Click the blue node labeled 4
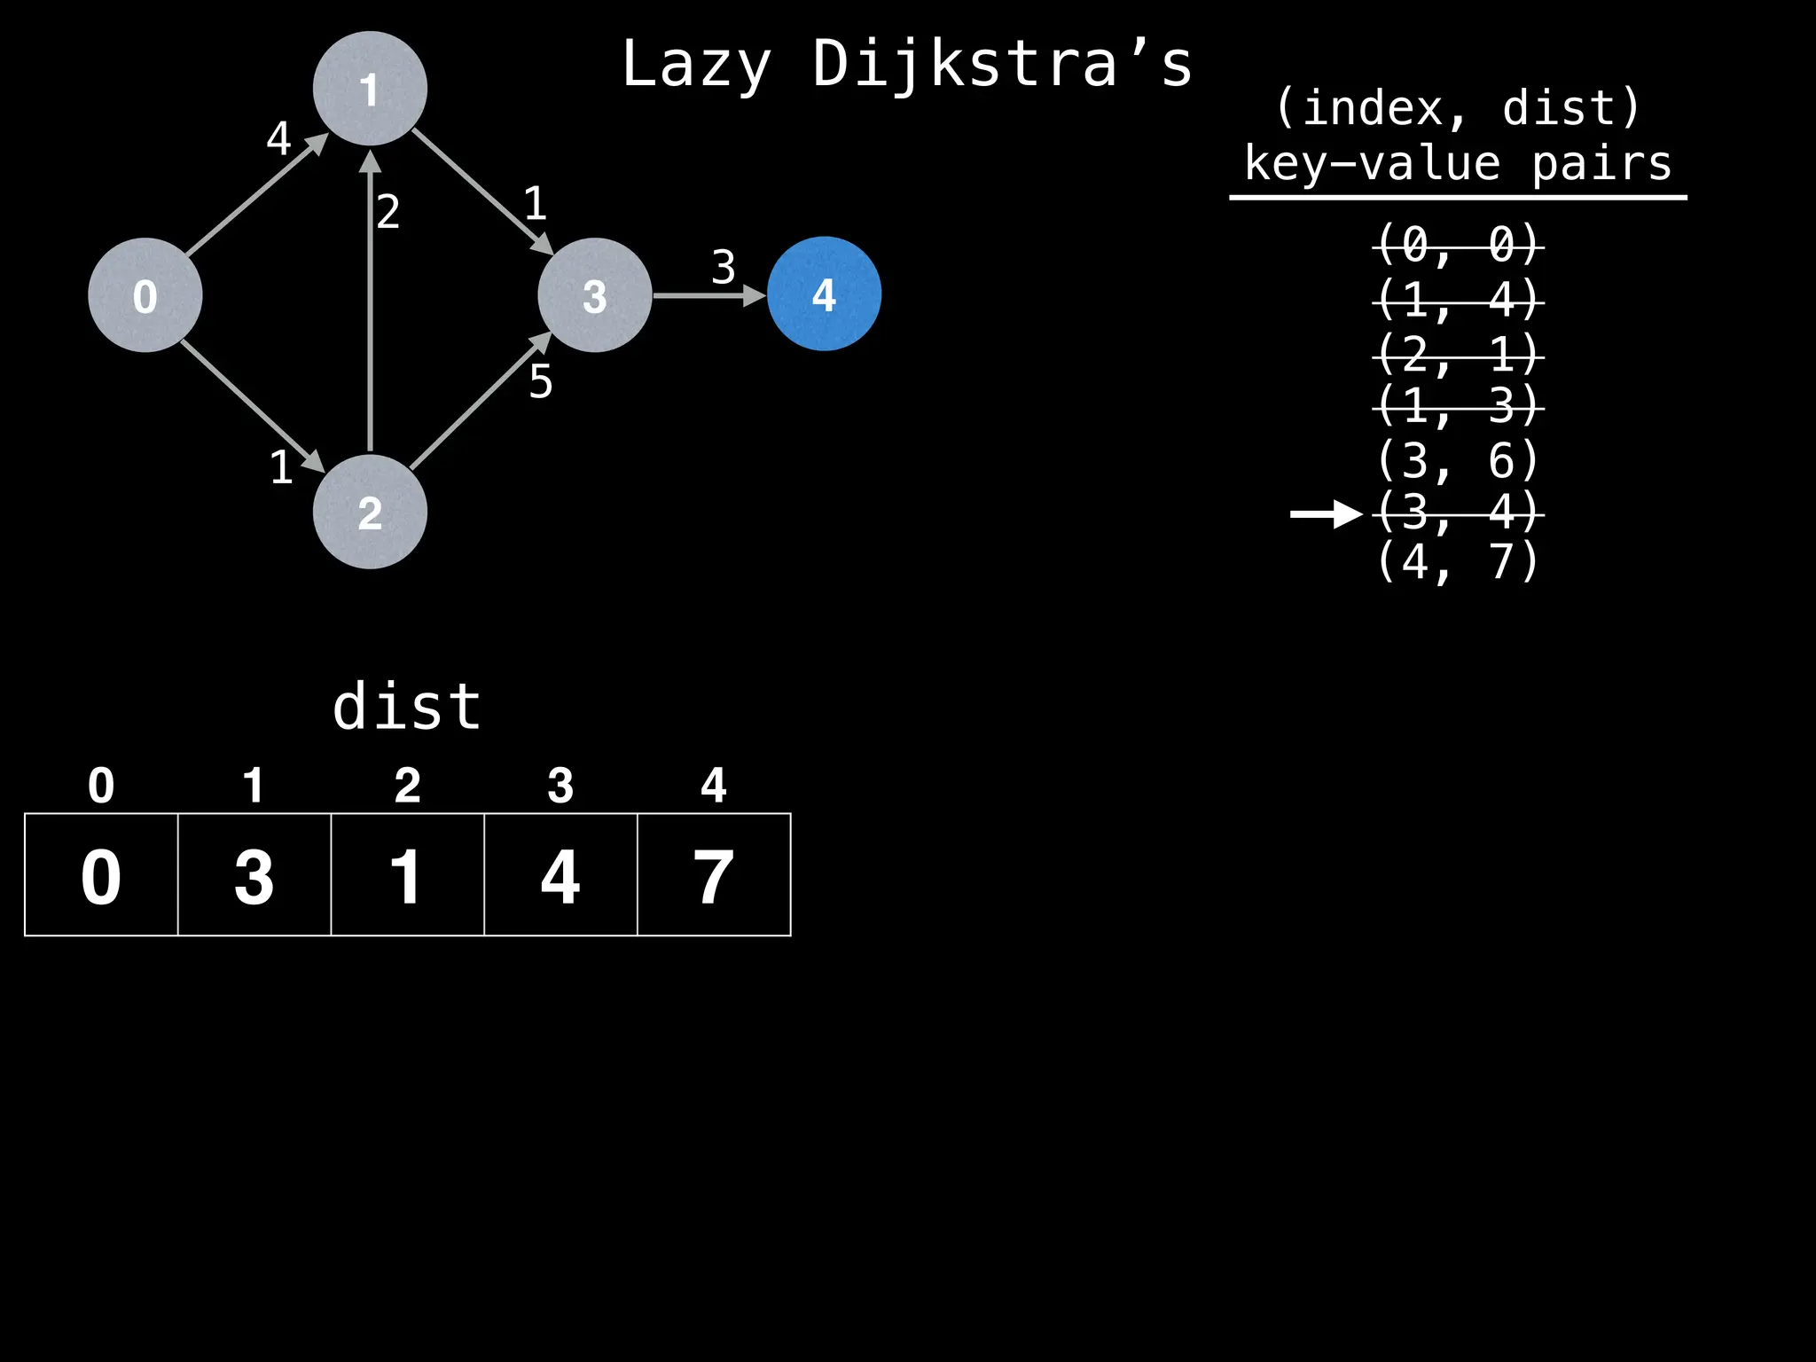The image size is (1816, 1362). pos(824,294)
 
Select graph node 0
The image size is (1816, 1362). pos(145,295)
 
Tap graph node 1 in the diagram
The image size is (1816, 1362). pos(370,89)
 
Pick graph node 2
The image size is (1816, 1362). pos(370,512)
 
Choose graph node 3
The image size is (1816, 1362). pos(595,295)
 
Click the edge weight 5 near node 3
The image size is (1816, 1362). pos(541,382)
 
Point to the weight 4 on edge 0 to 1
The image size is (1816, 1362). pos(278,138)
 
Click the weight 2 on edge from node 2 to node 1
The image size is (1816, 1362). pos(388,212)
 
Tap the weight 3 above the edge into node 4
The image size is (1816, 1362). pos(724,267)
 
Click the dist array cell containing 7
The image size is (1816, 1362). pos(714,875)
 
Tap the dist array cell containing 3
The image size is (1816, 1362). pos(254,875)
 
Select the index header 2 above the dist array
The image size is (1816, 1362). pos(407,786)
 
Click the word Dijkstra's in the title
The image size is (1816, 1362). pos(1002,65)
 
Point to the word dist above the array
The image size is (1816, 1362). pos(407,707)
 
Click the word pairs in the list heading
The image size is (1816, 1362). pos(1601,164)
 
